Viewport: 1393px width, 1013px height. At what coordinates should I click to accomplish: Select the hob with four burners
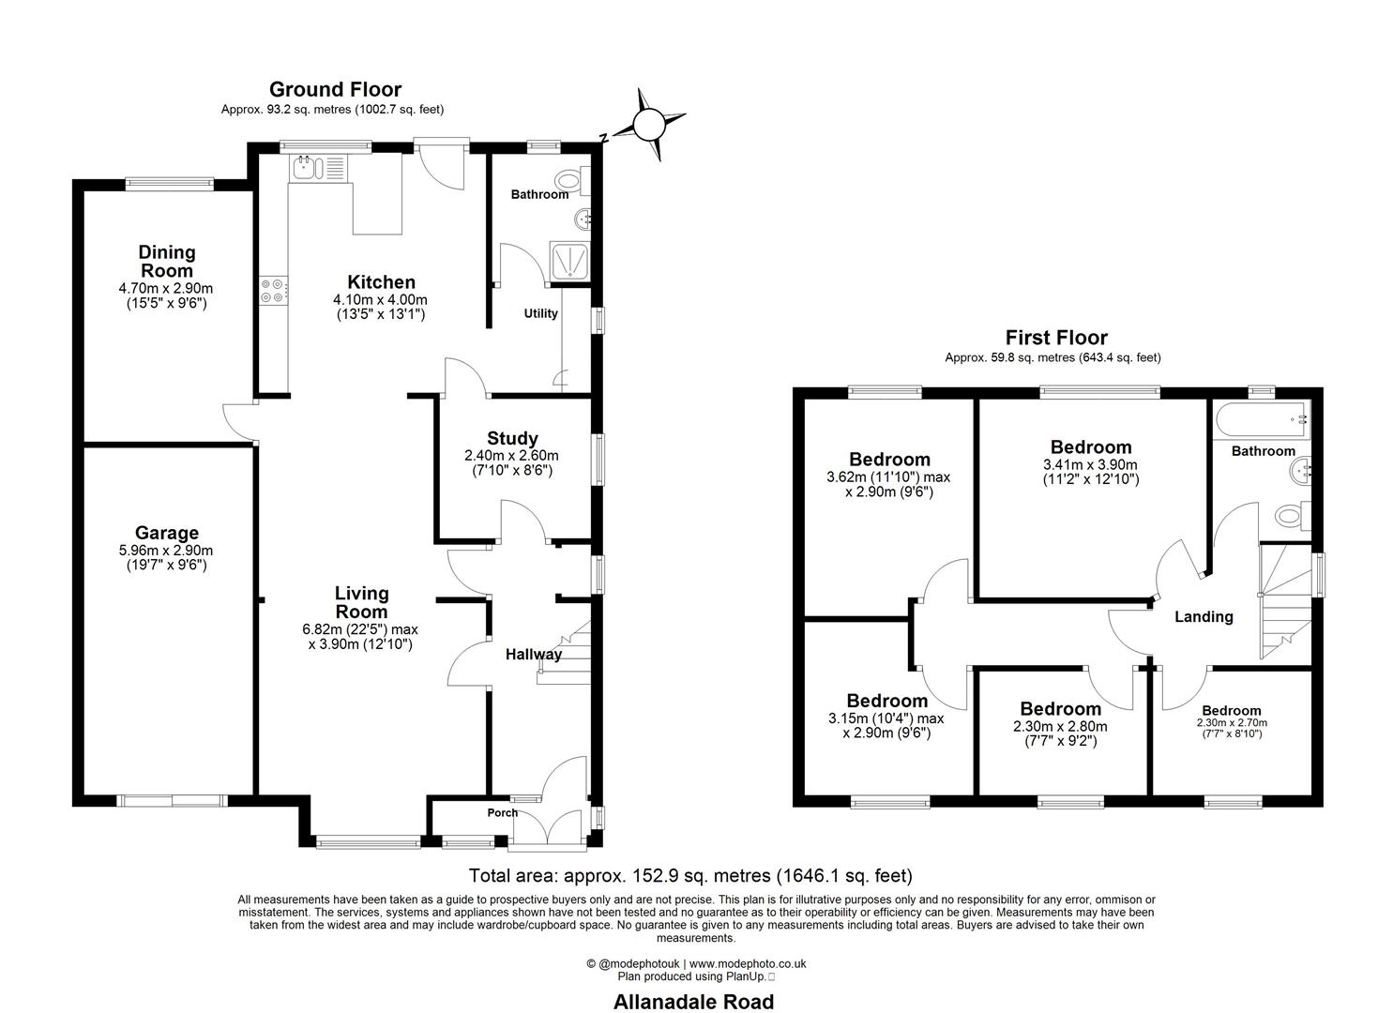click(272, 290)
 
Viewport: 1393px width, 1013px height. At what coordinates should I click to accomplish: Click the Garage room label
click(166, 533)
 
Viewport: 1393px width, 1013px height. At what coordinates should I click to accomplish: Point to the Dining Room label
click(166, 261)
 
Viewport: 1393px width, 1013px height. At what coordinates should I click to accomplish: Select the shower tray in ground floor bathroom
click(569, 262)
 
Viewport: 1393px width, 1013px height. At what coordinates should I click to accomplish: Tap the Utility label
click(540, 313)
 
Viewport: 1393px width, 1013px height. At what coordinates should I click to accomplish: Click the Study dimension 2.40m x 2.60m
click(512, 455)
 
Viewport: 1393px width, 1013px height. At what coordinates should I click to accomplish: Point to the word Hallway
click(533, 654)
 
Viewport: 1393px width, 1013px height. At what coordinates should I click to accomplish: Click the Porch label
click(502, 812)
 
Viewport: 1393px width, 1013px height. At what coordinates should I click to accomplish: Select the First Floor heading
click(1056, 338)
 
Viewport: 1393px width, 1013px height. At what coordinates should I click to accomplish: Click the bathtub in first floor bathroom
click(1261, 419)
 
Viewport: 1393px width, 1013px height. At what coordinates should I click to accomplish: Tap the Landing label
click(1204, 616)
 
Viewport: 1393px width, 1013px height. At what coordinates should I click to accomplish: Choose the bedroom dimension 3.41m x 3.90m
click(1090, 464)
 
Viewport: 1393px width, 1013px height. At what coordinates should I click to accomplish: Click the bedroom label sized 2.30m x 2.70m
click(1232, 710)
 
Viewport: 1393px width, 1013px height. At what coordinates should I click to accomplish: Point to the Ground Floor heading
click(335, 89)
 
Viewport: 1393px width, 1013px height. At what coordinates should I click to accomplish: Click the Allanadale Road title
click(694, 1002)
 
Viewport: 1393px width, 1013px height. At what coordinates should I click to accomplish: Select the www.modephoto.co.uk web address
click(748, 963)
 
